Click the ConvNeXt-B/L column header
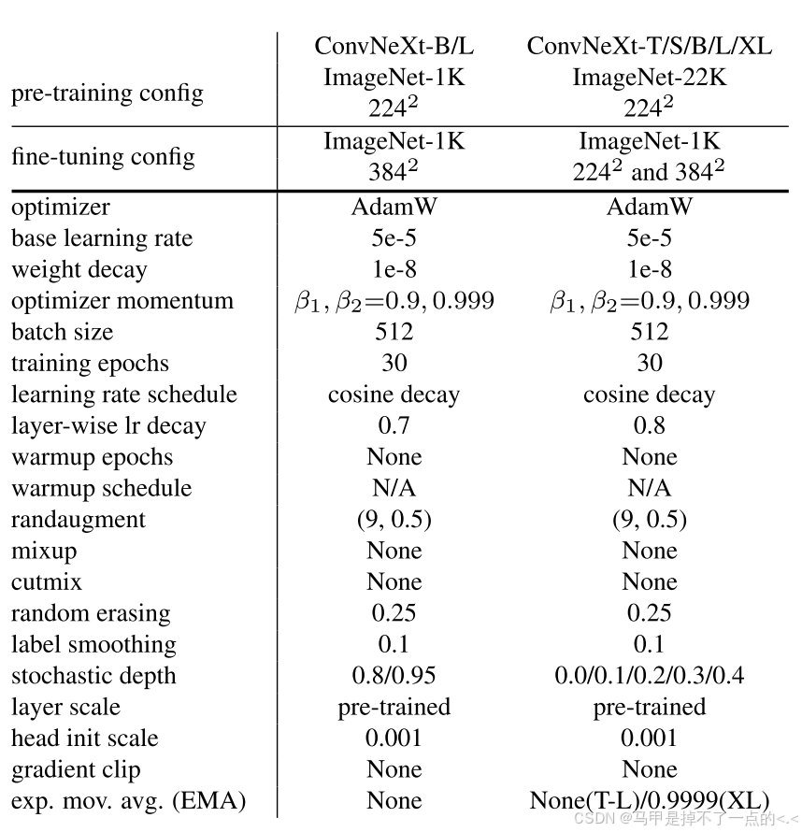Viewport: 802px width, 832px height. (x=394, y=46)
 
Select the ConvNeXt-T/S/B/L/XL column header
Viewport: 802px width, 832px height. (x=650, y=46)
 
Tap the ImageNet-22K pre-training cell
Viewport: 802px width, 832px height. (x=650, y=78)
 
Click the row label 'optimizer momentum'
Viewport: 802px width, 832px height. (x=122, y=301)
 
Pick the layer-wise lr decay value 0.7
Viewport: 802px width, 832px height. (x=394, y=425)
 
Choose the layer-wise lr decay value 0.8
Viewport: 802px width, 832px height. (x=650, y=425)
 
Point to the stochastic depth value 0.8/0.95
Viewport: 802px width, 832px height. (x=394, y=676)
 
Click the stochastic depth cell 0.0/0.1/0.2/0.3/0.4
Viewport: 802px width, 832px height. (x=650, y=676)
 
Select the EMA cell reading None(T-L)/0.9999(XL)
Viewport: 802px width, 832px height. (x=650, y=801)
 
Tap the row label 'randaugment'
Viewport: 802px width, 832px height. (x=79, y=520)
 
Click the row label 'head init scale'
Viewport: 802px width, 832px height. (x=85, y=739)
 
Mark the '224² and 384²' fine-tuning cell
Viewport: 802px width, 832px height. (x=650, y=173)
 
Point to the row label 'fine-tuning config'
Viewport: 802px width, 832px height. (x=103, y=156)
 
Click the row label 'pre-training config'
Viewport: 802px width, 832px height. (x=107, y=93)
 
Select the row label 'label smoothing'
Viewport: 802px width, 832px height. (x=93, y=645)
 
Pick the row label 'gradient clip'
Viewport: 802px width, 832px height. (x=77, y=769)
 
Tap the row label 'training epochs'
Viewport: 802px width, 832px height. (x=91, y=364)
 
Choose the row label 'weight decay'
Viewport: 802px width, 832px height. (x=79, y=270)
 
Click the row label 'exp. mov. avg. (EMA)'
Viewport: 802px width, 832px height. (x=129, y=801)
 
